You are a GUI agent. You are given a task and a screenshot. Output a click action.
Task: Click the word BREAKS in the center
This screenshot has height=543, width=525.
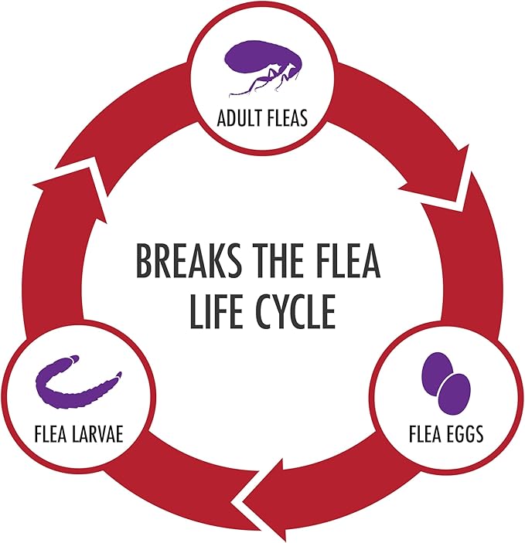[189, 260]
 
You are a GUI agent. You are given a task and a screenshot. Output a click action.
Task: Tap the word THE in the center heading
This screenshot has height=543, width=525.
[279, 260]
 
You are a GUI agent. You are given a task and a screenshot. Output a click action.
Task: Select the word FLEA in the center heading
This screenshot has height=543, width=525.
[349, 260]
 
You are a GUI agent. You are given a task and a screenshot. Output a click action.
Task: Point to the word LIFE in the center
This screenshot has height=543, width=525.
[216, 311]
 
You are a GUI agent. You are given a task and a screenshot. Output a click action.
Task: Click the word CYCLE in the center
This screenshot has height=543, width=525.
[295, 311]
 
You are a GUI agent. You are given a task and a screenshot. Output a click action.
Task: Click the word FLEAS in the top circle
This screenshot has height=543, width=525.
[286, 117]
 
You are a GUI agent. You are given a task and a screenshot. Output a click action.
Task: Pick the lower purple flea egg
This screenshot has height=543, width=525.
[455, 394]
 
